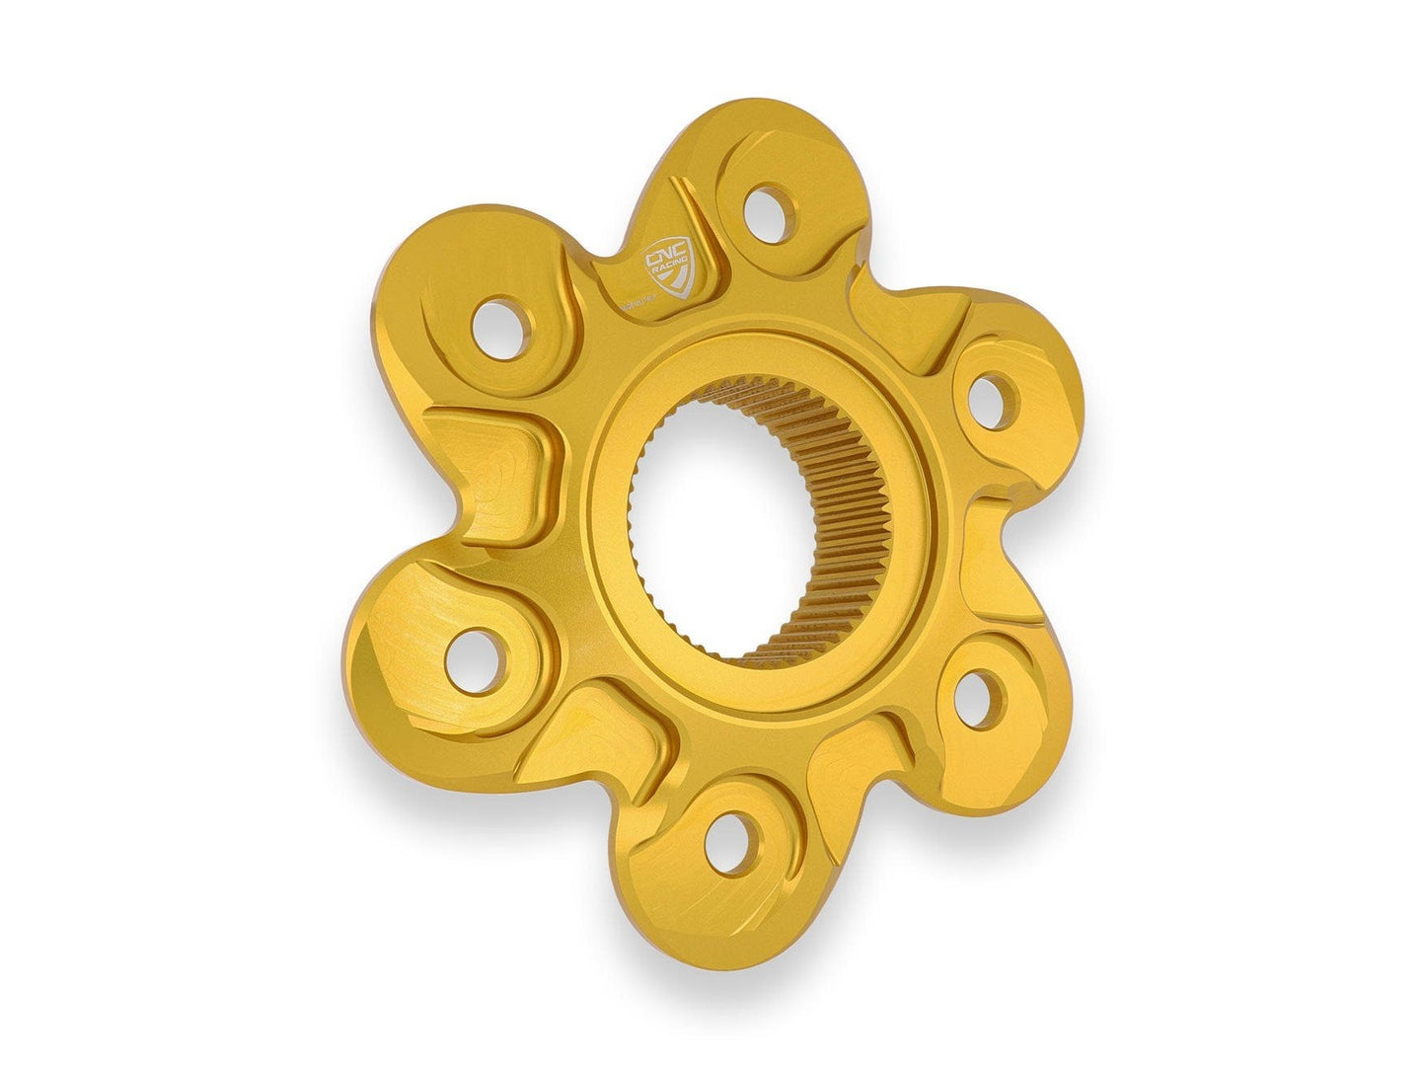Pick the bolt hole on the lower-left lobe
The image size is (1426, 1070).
coord(470,661)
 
